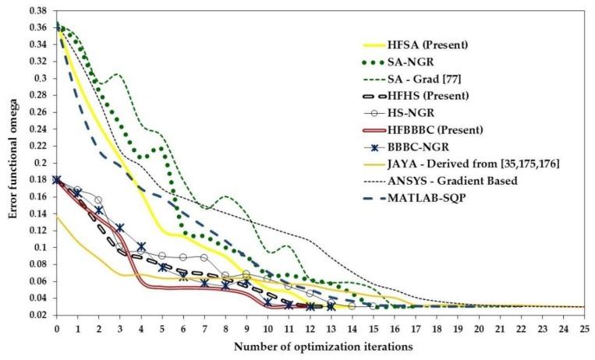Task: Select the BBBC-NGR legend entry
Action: (x=420, y=146)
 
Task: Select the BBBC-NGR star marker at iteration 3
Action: (x=120, y=228)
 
